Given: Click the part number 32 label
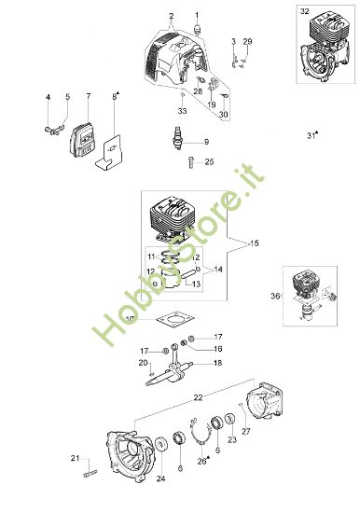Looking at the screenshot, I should [x=305, y=10].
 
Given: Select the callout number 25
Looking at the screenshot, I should [x=209, y=161].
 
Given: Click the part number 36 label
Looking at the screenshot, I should [x=275, y=296].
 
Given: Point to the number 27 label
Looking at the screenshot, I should [x=246, y=431].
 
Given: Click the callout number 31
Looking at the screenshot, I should [x=310, y=135].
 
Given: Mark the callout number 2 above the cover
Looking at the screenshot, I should [x=171, y=17].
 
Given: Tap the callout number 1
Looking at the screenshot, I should [x=198, y=15].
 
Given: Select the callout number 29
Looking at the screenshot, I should [x=247, y=43].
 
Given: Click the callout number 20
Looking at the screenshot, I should [x=143, y=363].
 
